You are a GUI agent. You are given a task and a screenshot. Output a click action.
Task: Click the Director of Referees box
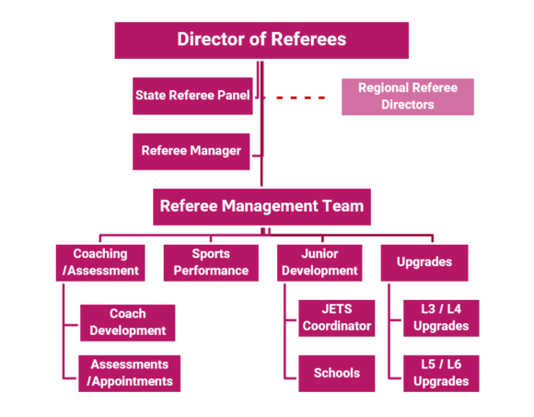[261, 40]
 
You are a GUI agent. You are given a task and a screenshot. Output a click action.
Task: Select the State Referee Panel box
[193, 96]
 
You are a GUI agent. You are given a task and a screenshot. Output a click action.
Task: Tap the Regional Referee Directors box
[407, 97]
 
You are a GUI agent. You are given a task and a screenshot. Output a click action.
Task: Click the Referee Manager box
[192, 151]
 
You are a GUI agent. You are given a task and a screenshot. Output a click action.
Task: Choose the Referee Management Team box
[262, 207]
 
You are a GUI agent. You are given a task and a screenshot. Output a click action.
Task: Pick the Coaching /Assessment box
[99, 262]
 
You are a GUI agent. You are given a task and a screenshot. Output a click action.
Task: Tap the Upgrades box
[424, 262]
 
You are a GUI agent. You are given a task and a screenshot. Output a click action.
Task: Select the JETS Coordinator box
[336, 318]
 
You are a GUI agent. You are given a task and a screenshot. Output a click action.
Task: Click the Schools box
[336, 373]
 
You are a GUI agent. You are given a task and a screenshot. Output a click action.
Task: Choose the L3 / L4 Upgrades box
[441, 318]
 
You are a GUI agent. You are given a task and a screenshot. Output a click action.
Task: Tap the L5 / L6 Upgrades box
[441, 373]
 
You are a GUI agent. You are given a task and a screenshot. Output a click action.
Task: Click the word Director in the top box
[211, 40]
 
